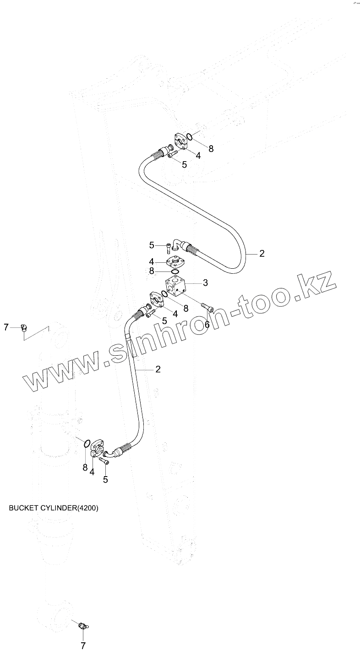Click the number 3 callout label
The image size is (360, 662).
click(205, 283)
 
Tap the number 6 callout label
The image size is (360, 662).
click(207, 324)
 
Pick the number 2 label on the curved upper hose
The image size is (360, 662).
click(262, 254)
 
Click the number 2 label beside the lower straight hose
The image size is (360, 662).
click(158, 369)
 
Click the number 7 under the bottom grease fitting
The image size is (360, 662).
click(83, 646)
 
